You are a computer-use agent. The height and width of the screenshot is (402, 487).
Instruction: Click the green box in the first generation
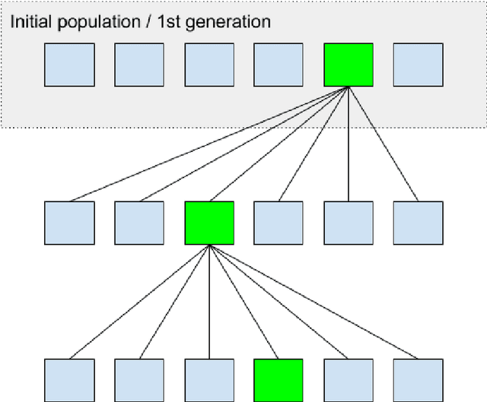(x=349, y=65)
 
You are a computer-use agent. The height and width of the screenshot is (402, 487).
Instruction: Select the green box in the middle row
(x=209, y=223)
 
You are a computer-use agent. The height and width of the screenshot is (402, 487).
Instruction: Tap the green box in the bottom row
(x=278, y=380)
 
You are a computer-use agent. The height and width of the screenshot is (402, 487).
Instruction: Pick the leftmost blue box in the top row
(x=69, y=65)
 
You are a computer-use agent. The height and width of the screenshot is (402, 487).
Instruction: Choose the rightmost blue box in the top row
(x=418, y=65)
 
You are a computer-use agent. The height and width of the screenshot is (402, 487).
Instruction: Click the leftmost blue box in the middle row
(x=69, y=223)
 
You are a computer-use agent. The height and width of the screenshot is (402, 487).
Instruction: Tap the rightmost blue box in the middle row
(x=418, y=223)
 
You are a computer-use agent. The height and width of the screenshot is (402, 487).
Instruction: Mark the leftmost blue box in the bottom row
(x=69, y=380)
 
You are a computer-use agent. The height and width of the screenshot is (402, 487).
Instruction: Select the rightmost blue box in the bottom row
(x=418, y=380)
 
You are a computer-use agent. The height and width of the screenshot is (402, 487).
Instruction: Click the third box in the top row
(x=209, y=65)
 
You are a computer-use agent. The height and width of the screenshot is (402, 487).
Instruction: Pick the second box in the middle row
(x=139, y=223)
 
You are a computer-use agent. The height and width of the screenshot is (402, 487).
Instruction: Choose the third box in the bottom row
(x=209, y=380)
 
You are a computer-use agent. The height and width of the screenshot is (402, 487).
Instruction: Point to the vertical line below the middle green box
(x=209, y=304)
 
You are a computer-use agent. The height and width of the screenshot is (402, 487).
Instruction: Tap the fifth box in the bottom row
(x=349, y=380)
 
